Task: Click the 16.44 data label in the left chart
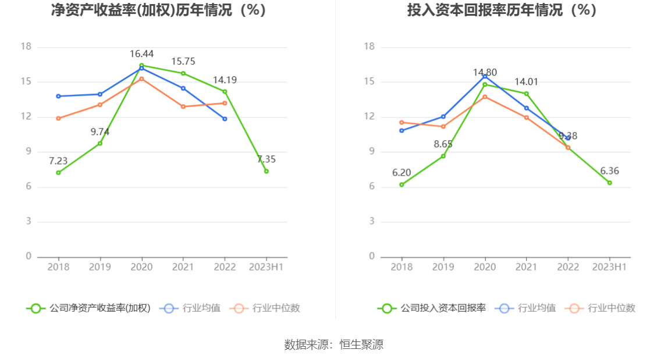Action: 141,54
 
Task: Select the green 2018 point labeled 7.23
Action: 58,173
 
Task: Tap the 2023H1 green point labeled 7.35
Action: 267,171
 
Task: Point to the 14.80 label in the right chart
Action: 485,73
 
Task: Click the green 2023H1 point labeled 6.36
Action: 610,183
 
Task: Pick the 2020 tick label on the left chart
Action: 141,267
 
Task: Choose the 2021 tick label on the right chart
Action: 527,267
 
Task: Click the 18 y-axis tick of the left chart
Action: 26,47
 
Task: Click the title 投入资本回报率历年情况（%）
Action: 502,10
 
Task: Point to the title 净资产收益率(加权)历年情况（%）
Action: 159,10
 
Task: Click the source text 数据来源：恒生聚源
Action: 334,344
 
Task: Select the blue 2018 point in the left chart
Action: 58,96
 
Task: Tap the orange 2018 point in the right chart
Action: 401,122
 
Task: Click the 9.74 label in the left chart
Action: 100,132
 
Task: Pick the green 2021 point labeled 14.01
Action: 527,94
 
